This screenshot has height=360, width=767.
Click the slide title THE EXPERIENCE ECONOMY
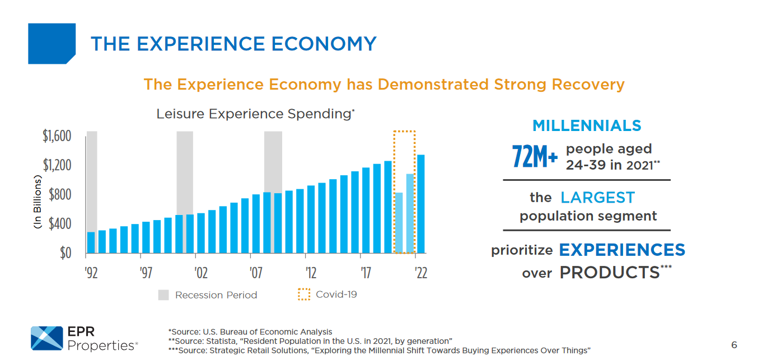(233, 44)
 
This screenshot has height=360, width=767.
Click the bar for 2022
(421, 204)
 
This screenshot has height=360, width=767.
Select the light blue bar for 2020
(399, 223)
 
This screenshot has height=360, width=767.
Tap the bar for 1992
(91, 242)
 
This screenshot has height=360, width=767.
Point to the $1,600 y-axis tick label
(57, 136)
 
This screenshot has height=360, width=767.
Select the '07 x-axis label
(256, 273)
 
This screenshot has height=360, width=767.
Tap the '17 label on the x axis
(366, 273)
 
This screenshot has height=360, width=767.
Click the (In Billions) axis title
(38, 202)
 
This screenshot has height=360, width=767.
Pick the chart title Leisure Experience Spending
(253, 114)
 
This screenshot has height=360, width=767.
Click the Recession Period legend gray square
(163, 295)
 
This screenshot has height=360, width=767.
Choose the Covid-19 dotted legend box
(304, 294)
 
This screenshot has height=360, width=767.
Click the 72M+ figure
(535, 157)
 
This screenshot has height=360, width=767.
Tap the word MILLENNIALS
(587, 125)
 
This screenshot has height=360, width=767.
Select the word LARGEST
(597, 198)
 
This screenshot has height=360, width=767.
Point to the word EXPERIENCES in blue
(622, 250)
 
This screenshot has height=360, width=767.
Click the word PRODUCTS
(609, 273)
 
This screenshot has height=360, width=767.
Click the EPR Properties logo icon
(46, 338)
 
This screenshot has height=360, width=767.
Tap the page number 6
(734, 345)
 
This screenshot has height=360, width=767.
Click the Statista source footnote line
(310, 341)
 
